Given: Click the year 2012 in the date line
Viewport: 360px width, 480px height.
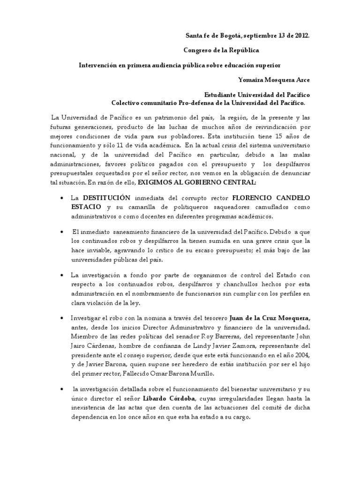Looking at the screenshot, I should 301,35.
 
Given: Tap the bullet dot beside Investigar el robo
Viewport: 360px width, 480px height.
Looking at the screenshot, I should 63,318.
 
